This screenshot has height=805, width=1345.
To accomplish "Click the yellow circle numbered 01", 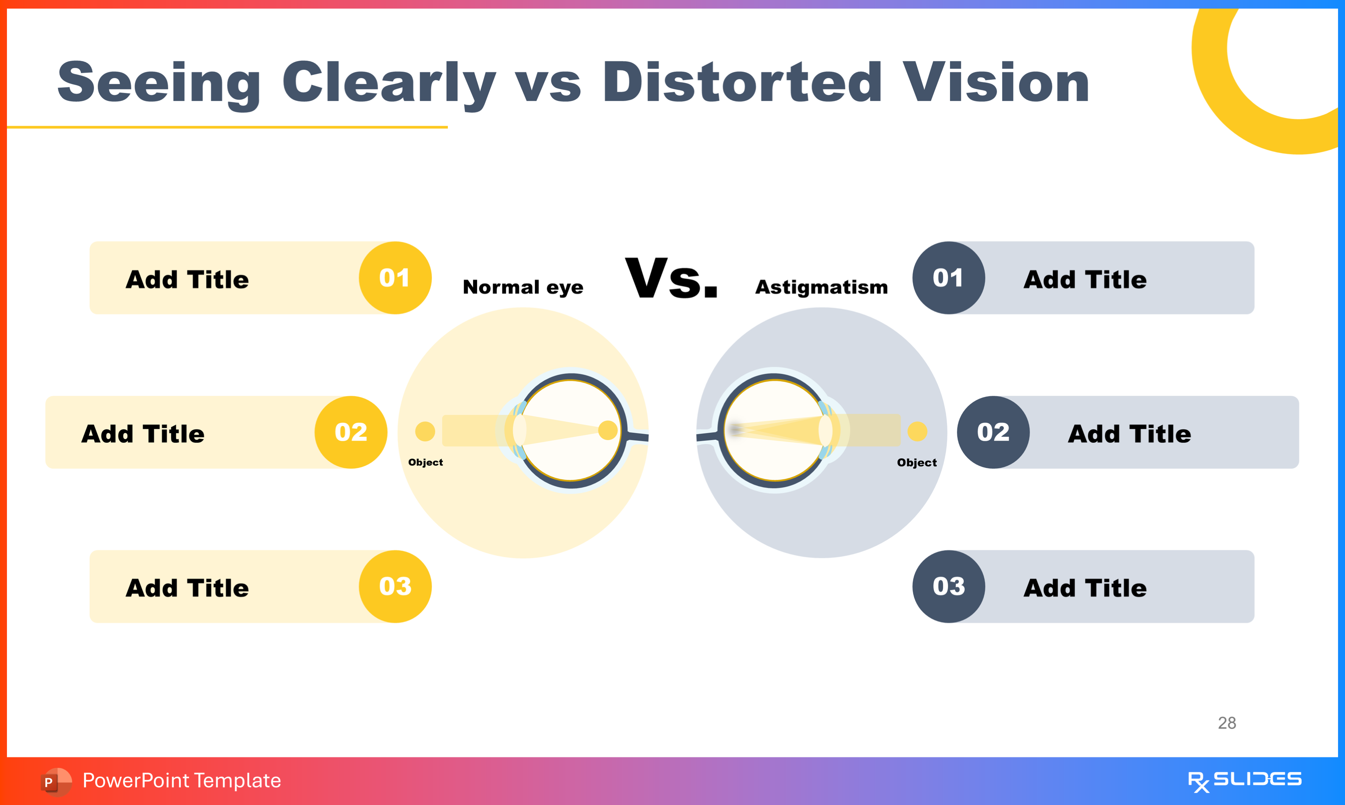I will pos(395,278).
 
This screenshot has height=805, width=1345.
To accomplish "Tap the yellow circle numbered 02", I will pos(351,432).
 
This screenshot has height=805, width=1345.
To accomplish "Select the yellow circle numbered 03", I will pos(395,587).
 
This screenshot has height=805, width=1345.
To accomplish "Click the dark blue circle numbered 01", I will pos(948,278).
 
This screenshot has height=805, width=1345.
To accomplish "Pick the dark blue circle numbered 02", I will pos(993,432).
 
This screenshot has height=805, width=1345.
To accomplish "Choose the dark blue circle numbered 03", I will pos(948,587).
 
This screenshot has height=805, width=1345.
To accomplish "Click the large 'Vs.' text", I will pos(671,278).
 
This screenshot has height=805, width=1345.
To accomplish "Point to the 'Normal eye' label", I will pos(523,287).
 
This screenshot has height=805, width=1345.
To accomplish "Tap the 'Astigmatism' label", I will pos(821,287).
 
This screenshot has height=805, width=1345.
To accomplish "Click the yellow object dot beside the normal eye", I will pos(425,432).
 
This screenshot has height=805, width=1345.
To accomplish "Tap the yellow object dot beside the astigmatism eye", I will pos(917,432).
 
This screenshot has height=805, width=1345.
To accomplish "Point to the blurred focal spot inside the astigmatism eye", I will pos(736,430).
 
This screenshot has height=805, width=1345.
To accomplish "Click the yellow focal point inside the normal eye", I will pos(607,430).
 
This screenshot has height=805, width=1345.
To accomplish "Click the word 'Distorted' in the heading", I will pos(742,82).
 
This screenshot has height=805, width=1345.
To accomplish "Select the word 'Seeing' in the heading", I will pos(159,82).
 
